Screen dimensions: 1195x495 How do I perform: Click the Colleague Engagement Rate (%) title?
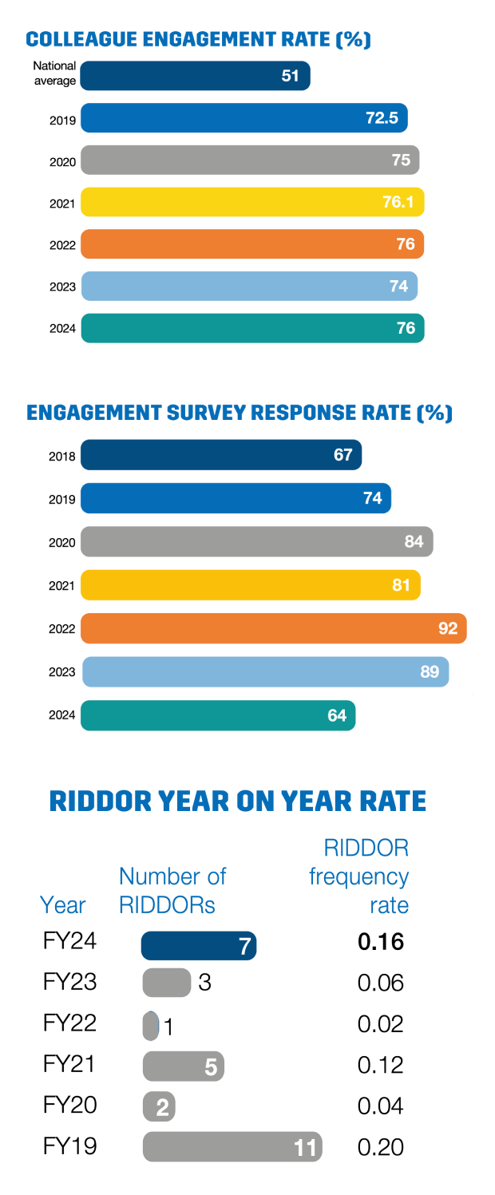198,40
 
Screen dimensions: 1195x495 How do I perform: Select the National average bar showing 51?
195,76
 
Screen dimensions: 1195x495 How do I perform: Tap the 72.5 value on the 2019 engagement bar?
382,119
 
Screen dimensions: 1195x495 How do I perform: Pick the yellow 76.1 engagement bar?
252,203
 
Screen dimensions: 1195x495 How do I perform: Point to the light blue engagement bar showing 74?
249,286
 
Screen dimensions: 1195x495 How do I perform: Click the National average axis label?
55,73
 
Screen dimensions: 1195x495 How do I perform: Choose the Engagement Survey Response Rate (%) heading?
239,414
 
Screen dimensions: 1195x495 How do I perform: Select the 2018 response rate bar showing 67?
221,456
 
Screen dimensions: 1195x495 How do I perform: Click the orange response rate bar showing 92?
273,628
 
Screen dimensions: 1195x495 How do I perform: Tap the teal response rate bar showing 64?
218,715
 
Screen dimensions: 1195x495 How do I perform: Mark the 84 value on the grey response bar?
414,542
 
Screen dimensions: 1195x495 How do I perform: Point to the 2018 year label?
62,457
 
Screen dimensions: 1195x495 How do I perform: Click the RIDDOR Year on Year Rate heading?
238,801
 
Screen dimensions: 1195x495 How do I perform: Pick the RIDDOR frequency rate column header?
359,876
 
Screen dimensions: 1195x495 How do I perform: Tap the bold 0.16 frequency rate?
381,942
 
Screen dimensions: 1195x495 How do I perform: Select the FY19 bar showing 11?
232,1147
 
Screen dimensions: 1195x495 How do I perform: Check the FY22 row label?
69,1023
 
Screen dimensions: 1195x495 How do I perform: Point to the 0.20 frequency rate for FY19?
381,1147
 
